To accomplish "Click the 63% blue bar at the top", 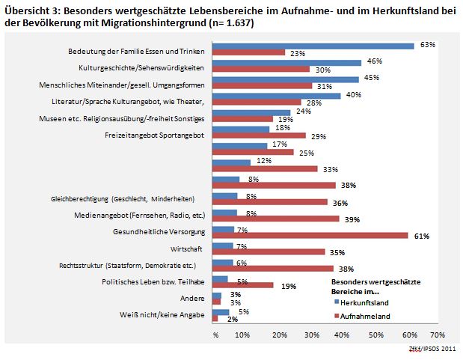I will (313, 46).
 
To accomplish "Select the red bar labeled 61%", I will (310, 236).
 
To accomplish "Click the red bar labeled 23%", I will (249, 53).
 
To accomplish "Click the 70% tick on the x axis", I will (438, 335).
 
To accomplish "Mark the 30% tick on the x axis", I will (310, 335).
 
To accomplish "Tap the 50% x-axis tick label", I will (374, 335).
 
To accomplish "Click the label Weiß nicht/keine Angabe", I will (159, 314).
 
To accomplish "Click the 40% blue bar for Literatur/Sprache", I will (277, 96).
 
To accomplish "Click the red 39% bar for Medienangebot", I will (275, 219).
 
